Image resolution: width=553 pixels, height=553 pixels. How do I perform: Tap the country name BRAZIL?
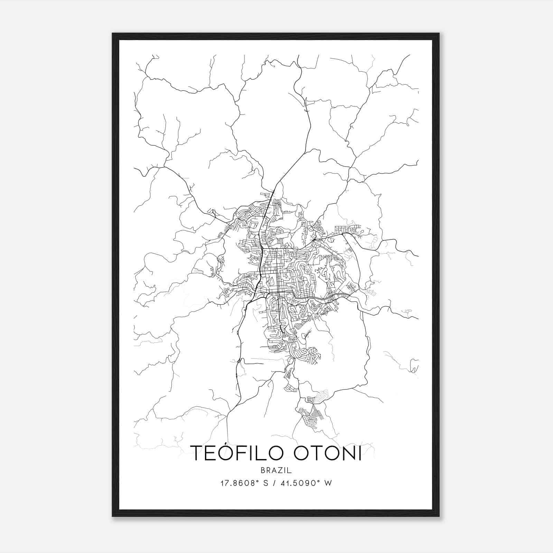point(276,470)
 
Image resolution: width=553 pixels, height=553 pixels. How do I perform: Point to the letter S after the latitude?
point(266,483)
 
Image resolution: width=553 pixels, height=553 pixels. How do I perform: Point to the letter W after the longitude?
point(328,483)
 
